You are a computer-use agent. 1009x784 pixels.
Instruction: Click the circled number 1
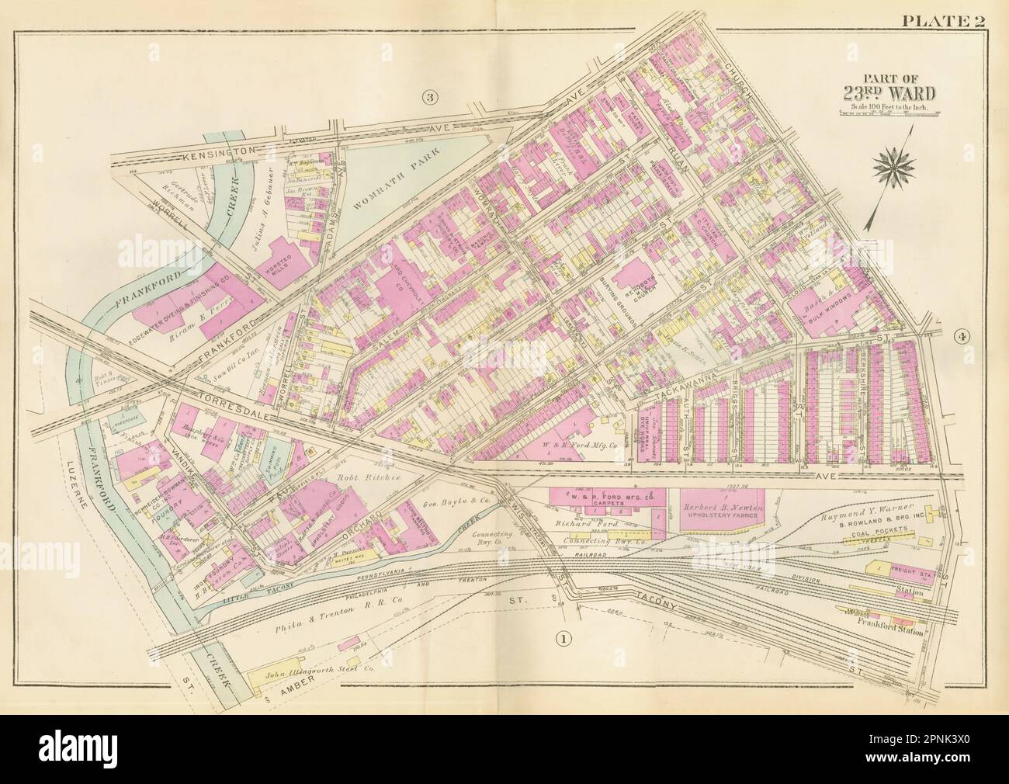pos(560,638)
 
